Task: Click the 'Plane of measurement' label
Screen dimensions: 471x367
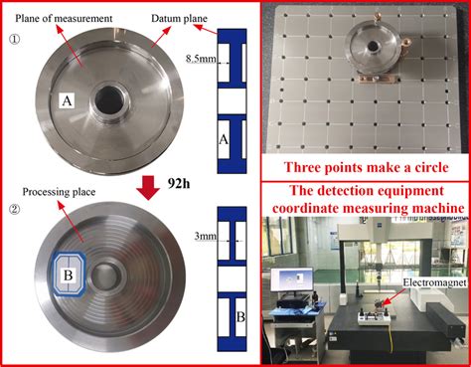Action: [64, 18]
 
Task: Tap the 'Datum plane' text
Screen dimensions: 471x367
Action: [179, 18]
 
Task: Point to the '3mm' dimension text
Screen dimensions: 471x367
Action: [206, 237]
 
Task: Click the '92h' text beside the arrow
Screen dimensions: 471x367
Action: [179, 183]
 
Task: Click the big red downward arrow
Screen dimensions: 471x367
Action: [148, 188]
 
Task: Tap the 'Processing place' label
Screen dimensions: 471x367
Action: [59, 192]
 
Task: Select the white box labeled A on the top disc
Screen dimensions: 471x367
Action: [67, 100]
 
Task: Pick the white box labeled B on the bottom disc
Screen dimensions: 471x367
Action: [68, 275]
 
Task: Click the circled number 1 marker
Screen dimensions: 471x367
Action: [14, 40]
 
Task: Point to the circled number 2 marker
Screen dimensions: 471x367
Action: [14, 210]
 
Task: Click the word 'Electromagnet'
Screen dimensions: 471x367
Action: [434, 282]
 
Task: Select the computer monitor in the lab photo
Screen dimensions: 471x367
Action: [291, 280]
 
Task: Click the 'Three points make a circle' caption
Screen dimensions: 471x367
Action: [366, 167]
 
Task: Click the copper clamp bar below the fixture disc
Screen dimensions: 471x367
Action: [378, 80]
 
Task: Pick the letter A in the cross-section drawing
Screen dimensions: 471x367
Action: [224, 139]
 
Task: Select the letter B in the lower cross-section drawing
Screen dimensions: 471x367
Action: [240, 317]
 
